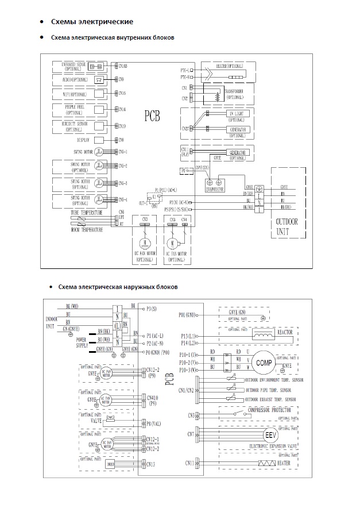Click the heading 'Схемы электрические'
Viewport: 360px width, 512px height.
pyautogui.click(x=92, y=22)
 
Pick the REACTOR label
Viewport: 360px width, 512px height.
pyautogui.click(x=286, y=332)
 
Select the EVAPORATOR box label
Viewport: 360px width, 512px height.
pyautogui.click(x=215, y=188)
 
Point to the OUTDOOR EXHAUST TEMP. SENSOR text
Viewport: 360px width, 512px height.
pyautogui.click(x=270, y=399)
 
